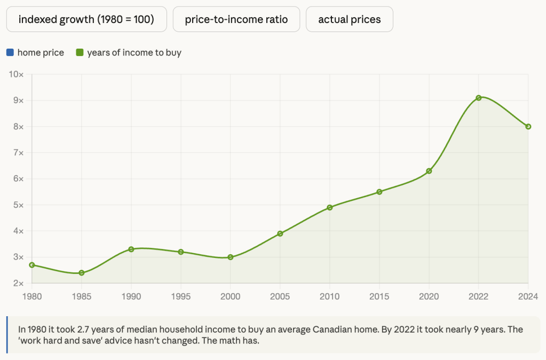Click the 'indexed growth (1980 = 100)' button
pos(86,19)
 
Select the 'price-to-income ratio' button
pos(236,19)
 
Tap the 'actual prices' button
pos(350,19)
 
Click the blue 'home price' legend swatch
pos(10,52)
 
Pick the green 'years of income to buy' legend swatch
pos(80,52)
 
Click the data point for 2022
pos(479,98)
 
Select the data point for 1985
pos(82,273)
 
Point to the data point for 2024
pos(528,127)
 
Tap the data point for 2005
pos(280,233)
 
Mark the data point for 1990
pos(131,249)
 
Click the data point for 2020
pos(429,171)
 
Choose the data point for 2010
pos(330,207)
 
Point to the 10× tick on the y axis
pos(17,74)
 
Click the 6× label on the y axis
pos(18,179)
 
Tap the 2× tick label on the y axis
pos(18,283)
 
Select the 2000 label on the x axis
pos(231,295)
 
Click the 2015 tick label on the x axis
pos(379,295)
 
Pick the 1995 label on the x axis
pos(181,295)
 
